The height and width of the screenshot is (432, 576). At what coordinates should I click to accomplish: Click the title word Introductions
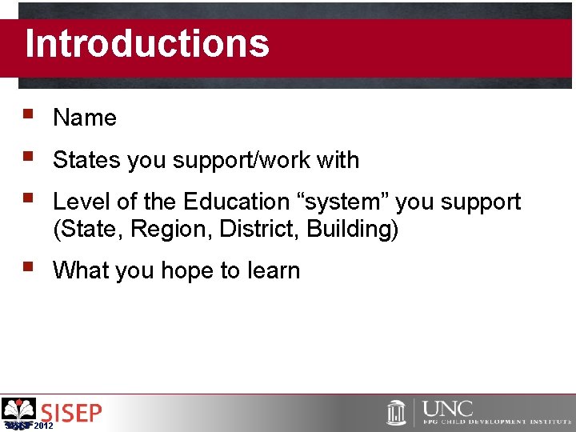click(x=147, y=44)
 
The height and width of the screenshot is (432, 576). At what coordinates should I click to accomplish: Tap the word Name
click(x=85, y=118)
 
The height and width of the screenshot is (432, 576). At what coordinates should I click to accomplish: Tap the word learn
click(x=273, y=270)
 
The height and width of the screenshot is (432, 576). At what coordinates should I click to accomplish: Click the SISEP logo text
click(x=72, y=413)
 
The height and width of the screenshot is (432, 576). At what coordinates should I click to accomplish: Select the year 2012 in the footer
click(x=45, y=426)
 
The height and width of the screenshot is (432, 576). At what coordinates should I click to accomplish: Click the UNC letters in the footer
click(x=448, y=408)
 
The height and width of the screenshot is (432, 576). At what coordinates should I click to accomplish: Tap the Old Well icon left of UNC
click(x=396, y=412)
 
